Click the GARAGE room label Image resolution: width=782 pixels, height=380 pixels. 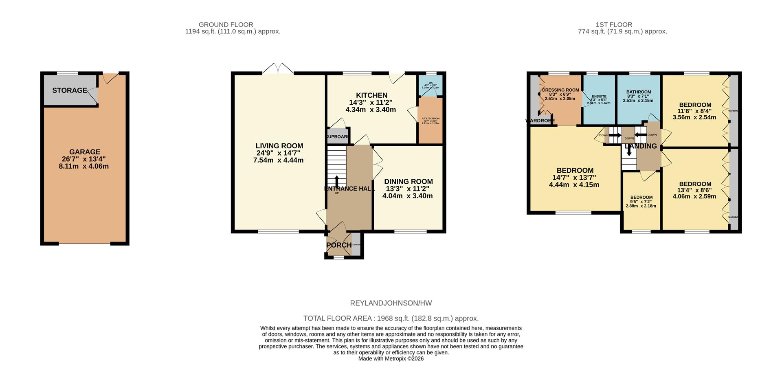(x=84, y=152)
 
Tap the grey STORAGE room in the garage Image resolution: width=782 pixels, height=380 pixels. (x=70, y=90)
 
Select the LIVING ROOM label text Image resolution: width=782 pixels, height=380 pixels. (x=279, y=146)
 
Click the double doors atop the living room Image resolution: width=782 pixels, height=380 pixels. (x=278, y=68)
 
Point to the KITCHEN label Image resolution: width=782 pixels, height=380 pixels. (x=371, y=95)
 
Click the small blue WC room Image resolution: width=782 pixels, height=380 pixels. (x=431, y=86)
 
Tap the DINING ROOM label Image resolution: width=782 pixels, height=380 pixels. (x=408, y=182)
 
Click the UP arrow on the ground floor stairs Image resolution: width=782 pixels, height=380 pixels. (x=336, y=180)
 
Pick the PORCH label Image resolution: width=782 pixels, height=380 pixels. (x=338, y=245)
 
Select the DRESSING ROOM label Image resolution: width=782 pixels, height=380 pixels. (x=560, y=90)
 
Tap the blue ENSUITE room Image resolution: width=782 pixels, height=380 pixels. (x=599, y=100)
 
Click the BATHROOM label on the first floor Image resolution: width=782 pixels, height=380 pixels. (x=638, y=92)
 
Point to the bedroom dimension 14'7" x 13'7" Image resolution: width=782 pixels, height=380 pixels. (x=575, y=178)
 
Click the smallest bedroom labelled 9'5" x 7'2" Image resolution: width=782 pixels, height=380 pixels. (x=641, y=202)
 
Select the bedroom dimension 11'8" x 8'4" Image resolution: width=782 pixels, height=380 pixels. (x=694, y=111)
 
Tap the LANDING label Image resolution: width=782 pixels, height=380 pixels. (x=641, y=146)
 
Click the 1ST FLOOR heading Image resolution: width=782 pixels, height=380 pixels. (x=622, y=25)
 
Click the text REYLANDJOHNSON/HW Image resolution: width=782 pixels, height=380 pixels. (x=391, y=303)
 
